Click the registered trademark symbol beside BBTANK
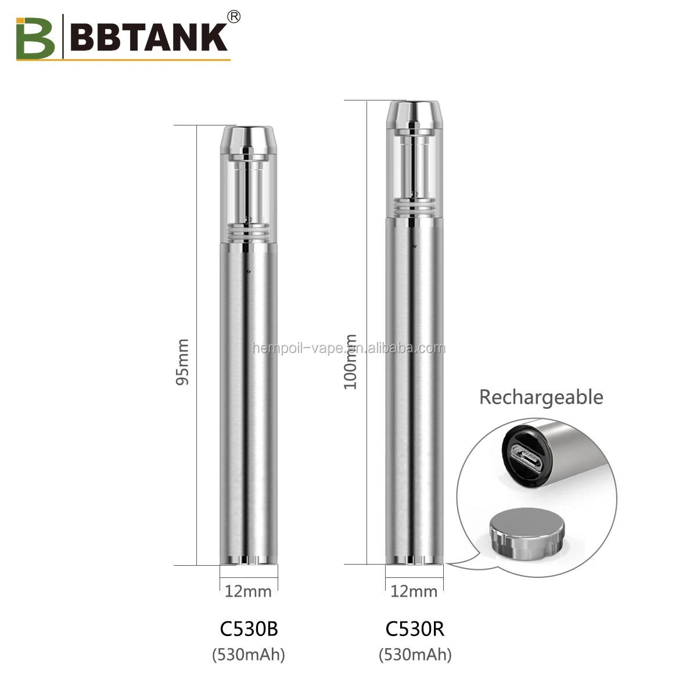(234, 17)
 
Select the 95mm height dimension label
(183, 362)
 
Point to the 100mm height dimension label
(351, 362)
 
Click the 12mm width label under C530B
(248, 591)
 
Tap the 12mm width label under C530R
(414, 591)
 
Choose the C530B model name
(249, 628)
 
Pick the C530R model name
(415, 628)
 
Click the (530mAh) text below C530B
(249, 655)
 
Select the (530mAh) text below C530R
(415, 655)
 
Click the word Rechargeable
(541, 397)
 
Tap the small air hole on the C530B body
(248, 271)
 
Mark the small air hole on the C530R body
(415, 246)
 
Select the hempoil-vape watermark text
(349, 348)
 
